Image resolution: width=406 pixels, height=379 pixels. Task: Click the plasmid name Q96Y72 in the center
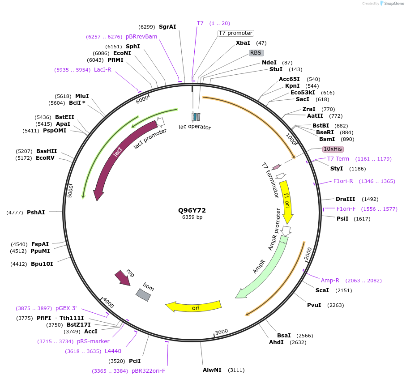click(x=192, y=210)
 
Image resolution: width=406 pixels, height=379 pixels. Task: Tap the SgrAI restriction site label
click(x=167, y=27)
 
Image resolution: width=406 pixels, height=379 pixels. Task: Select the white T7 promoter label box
click(x=235, y=33)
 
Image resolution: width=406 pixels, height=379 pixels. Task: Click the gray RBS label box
click(x=256, y=53)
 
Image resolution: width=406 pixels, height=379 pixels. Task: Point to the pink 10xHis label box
click(x=333, y=149)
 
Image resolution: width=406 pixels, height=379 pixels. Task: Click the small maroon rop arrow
click(x=122, y=277)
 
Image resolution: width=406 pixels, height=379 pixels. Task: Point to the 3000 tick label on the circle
click(x=221, y=332)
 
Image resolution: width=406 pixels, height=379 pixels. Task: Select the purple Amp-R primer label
click(x=330, y=281)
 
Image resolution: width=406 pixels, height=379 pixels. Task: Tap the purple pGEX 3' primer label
click(x=66, y=308)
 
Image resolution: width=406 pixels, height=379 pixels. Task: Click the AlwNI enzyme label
click(x=212, y=370)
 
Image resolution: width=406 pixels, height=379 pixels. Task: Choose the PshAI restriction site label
click(x=36, y=213)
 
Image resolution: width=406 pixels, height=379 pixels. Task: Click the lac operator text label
click(x=195, y=127)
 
